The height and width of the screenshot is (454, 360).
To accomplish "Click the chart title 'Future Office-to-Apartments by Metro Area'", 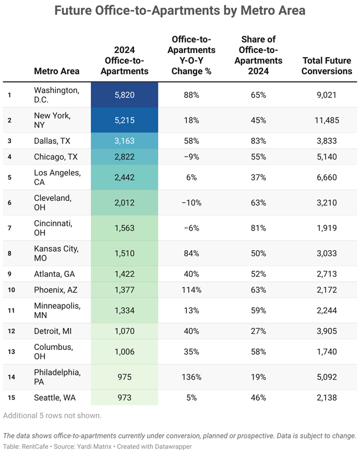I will [180, 11].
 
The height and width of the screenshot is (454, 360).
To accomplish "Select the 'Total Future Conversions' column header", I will [327, 66].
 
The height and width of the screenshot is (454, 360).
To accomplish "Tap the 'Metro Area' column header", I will [56, 71].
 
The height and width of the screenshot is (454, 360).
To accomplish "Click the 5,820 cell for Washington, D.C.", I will [125, 95].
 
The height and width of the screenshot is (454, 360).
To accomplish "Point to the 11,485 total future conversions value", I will [327, 120].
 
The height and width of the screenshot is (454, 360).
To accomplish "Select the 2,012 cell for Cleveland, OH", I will [125, 203].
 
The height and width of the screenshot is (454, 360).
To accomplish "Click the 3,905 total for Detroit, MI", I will [327, 331].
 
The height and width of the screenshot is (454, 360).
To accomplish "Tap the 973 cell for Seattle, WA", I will [125, 397].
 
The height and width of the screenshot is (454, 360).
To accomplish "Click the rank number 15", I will [9, 397].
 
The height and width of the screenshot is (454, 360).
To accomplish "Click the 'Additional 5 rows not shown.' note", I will [52, 415].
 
